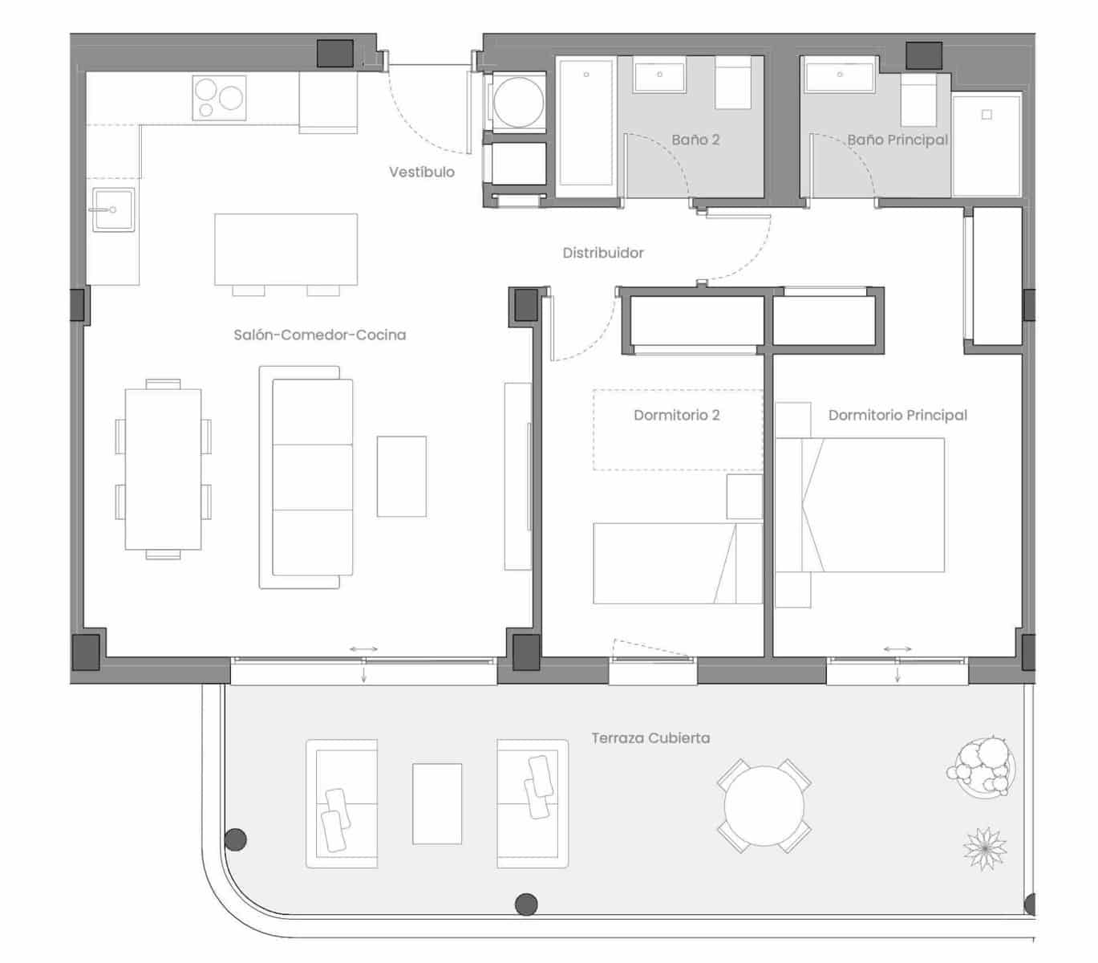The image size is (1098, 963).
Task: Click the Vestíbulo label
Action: point(421,172)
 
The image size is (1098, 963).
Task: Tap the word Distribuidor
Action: point(602,253)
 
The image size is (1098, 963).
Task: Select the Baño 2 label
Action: point(695,140)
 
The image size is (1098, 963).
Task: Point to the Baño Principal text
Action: point(897,140)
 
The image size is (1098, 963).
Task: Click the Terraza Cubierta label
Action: point(650,737)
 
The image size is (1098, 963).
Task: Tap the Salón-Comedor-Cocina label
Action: point(319,335)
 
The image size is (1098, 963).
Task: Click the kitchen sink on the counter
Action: point(113,209)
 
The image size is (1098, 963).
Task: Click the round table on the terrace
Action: point(764,805)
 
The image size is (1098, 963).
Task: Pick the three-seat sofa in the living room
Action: point(311,477)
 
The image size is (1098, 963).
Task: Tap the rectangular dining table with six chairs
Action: point(163,469)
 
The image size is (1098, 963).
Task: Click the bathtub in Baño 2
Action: point(585,126)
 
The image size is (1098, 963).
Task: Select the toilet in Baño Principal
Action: point(919,100)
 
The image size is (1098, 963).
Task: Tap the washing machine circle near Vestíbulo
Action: point(518,103)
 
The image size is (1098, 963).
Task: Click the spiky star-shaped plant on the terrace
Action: point(985,849)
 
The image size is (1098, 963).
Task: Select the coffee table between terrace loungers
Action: point(436,803)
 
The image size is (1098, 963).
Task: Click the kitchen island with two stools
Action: point(286,249)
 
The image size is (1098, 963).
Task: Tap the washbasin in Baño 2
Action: point(659,77)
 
